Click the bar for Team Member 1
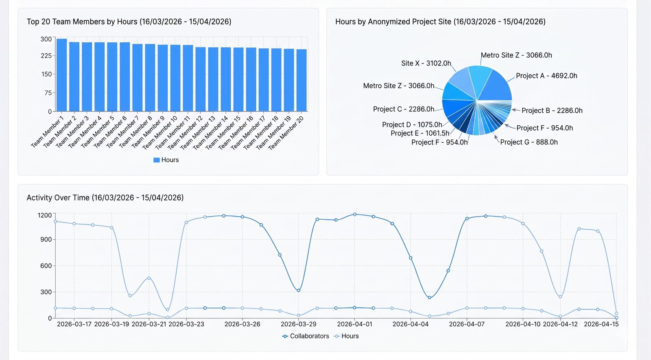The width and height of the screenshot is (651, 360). point(61,75)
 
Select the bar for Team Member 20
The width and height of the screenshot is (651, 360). point(301,81)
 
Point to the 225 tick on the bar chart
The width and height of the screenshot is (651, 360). point(46,56)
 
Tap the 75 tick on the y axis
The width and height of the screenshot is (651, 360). point(48,93)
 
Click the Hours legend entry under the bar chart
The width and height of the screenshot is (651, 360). point(166,160)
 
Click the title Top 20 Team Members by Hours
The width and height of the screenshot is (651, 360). point(129,22)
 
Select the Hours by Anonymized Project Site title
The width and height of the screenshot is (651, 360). point(440,22)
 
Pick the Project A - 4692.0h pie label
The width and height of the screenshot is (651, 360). point(546,76)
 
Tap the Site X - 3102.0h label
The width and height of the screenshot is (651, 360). point(426,63)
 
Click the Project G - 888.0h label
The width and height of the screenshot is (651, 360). point(529,142)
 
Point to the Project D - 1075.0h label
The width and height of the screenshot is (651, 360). point(412,124)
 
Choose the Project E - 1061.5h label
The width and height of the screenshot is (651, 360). point(420,133)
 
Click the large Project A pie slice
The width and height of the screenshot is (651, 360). point(496,86)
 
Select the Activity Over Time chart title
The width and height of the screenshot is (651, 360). point(105,198)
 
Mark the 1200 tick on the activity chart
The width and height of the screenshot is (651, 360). point(45,215)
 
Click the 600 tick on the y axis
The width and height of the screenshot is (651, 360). point(46,266)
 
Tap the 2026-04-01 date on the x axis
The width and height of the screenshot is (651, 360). point(354,324)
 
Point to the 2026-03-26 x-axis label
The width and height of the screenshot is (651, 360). point(242,324)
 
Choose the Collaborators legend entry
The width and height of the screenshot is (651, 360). point(306,336)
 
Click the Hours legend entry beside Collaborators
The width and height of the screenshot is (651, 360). point(346,336)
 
